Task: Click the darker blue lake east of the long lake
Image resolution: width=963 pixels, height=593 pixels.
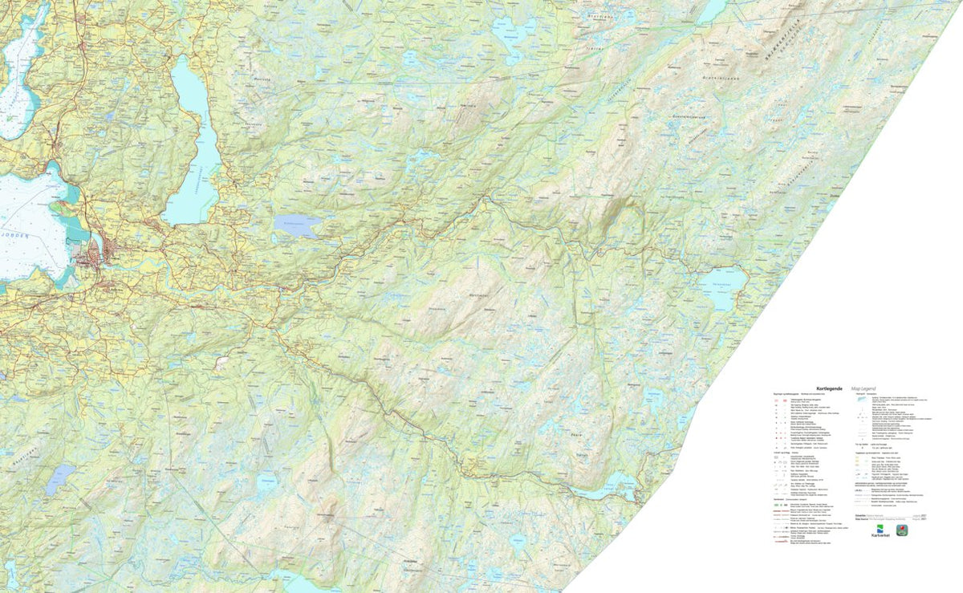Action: tap(297, 225)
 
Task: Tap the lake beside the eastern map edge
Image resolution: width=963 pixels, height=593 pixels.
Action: tap(722, 285)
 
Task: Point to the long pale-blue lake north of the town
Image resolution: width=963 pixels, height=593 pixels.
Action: tap(191, 144)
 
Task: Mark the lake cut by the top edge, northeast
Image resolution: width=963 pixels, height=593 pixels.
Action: tap(713, 10)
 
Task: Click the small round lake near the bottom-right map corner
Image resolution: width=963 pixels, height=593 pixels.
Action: tap(522, 542)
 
